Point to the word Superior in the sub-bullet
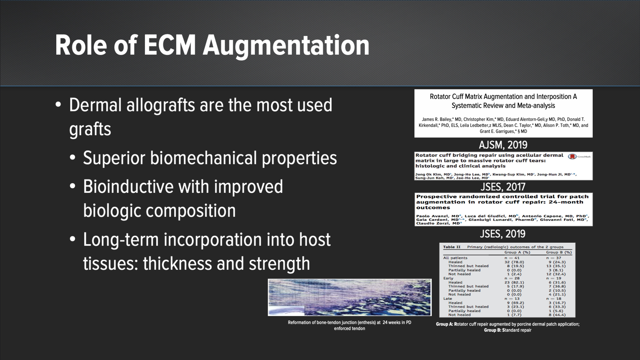[114, 158]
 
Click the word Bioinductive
[128, 187]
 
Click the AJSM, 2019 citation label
[503, 145]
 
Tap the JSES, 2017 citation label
[503, 187]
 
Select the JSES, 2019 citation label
[502, 234]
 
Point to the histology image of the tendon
[349, 297]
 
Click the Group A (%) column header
[517, 252]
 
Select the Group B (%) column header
[559, 252]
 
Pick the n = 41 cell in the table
[512, 258]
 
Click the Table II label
[452, 247]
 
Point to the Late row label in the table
[447, 298]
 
